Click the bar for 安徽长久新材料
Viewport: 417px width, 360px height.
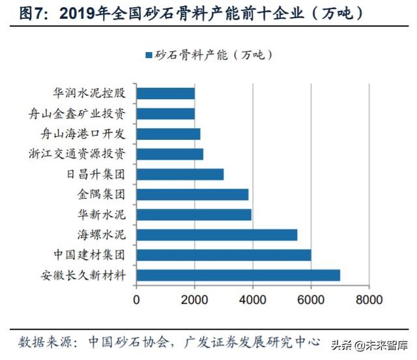tap(238, 275)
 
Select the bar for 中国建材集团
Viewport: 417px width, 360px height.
tap(223, 255)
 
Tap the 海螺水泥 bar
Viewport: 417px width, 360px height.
tap(216, 234)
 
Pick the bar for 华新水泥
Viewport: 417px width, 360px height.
tap(194, 214)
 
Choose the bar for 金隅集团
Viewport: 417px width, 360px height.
tap(192, 194)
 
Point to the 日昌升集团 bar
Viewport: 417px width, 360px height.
tap(180, 174)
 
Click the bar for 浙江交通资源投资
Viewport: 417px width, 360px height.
tap(169, 154)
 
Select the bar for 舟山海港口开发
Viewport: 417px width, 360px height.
tap(168, 134)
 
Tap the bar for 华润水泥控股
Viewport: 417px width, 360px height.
tap(165, 94)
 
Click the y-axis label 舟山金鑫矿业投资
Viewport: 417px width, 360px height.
tap(90, 114)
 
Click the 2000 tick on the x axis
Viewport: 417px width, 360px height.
tap(194, 300)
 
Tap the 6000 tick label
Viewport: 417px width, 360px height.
tap(311, 300)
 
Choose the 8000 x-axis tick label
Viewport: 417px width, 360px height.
tap(369, 300)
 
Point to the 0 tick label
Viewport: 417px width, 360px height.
tap(136, 300)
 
